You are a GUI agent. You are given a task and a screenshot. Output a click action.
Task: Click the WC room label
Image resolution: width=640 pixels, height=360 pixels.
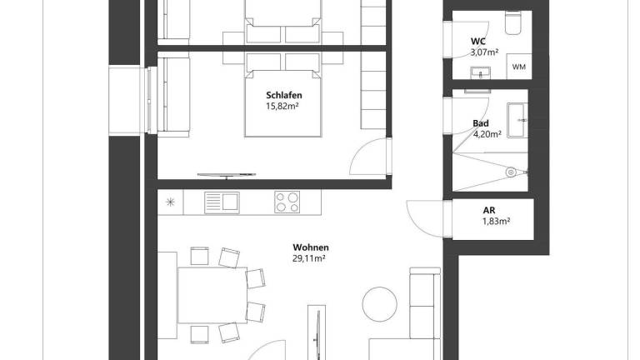click(478, 40)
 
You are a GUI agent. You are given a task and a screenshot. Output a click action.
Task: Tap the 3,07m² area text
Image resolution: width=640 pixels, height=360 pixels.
click(483, 52)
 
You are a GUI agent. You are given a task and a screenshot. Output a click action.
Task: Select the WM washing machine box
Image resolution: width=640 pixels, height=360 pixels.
click(518, 67)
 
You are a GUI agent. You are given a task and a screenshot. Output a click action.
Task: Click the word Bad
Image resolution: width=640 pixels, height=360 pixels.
click(480, 123)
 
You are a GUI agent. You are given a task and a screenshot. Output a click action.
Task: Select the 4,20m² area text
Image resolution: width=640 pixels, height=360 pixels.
click(487, 134)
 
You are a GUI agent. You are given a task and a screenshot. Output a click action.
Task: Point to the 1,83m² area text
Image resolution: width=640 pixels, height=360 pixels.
click(496, 222)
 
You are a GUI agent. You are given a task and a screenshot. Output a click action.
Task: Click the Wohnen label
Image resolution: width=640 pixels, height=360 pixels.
click(310, 247)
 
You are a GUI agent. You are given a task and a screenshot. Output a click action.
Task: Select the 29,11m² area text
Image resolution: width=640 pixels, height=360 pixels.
click(309, 259)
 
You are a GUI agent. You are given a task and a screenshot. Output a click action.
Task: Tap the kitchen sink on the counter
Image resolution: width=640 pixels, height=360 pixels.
click(222, 202)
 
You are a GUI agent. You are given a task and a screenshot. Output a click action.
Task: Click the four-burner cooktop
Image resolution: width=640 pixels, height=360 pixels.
click(288, 202)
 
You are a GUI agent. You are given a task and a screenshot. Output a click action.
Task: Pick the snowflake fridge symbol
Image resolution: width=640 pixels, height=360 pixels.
click(170, 202)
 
